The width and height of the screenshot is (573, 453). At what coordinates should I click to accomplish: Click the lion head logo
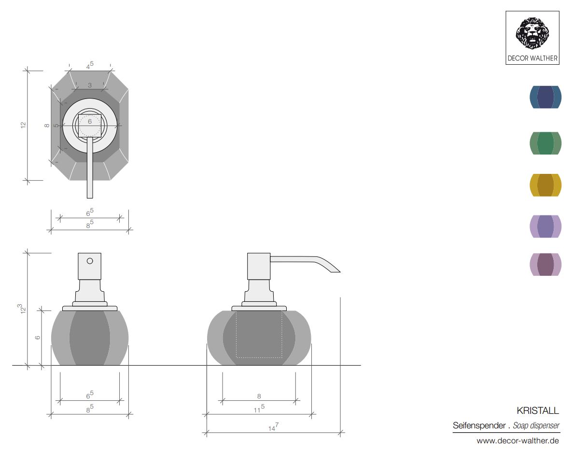coord(532,33)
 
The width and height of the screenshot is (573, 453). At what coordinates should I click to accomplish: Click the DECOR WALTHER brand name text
coord(532,58)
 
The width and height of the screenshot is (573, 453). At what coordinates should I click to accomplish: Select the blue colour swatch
coord(545,97)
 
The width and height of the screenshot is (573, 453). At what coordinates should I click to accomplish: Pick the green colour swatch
coord(545,143)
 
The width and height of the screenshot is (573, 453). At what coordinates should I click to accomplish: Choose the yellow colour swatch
coord(545,185)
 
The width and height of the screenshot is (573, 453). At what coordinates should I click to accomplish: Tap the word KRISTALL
coord(538,411)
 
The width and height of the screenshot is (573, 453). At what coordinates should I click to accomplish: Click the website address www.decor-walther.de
coord(517,440)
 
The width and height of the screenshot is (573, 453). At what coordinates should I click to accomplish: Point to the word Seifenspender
coord(479,425)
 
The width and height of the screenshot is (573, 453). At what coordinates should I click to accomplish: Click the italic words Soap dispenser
coord(536,425)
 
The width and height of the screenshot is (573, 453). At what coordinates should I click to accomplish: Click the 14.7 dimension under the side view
coord(273,427)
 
